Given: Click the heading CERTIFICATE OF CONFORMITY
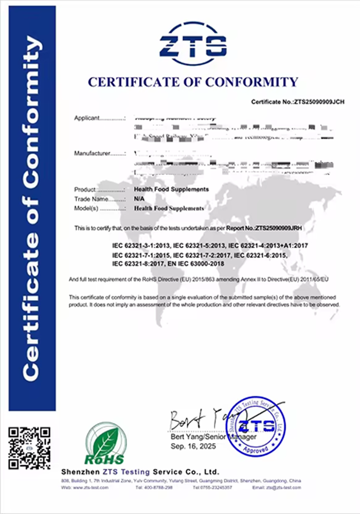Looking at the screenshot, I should [x=193, y=82].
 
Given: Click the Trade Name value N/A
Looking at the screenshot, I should [x=138, y=198].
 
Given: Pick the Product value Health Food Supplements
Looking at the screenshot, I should [x=171, y=189].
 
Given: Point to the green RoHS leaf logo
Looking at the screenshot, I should [x=105, y=443].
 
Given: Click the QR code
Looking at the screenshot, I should [x=29, y=448].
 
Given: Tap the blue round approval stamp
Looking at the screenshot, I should [x=255, y=426].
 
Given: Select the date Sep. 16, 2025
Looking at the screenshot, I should [x=193, y=447].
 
